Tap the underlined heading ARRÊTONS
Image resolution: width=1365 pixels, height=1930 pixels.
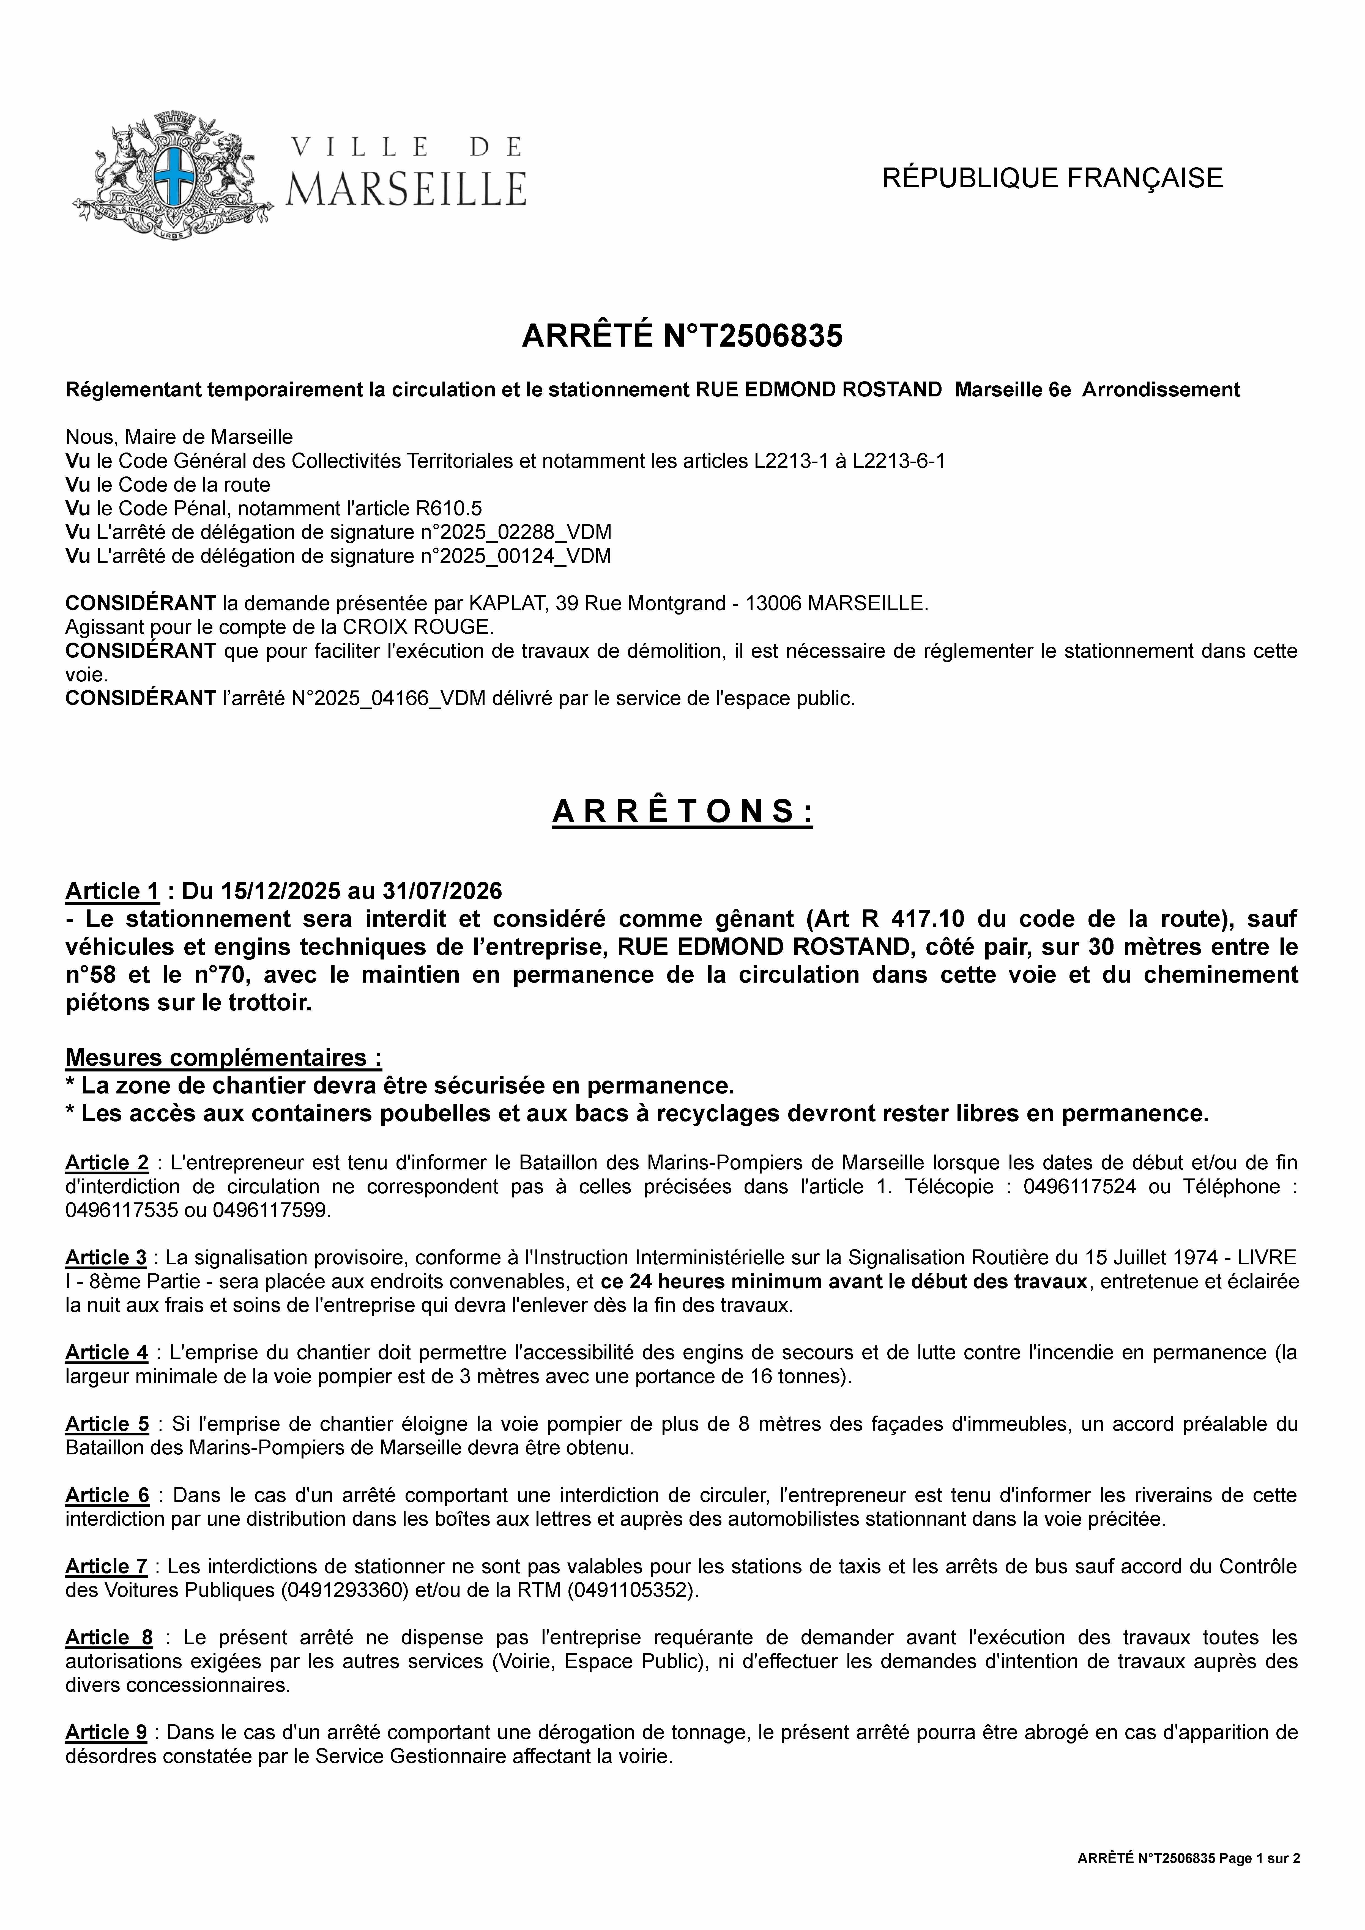(682, 812)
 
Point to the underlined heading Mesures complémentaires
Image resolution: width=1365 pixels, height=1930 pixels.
(223, 1057)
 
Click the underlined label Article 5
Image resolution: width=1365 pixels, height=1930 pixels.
(107, 1424)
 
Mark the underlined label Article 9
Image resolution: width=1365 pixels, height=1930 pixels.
(106, 1732)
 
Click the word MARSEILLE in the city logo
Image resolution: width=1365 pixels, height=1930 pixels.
(406, 188)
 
